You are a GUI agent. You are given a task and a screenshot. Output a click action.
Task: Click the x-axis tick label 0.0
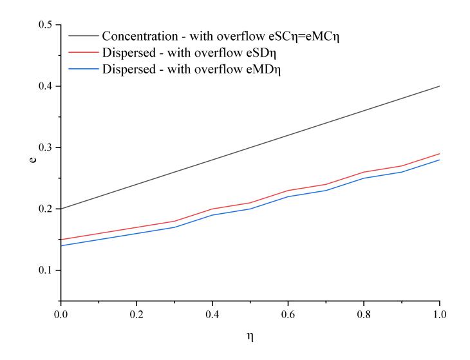point(61,314)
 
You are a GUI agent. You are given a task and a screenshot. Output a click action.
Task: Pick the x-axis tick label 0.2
point(136,314)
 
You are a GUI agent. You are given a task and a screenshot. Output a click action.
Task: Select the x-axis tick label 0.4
point(212,314)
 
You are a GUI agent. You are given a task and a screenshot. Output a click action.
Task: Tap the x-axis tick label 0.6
point(288,314)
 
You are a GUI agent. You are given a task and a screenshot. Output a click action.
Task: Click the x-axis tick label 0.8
point(364,314)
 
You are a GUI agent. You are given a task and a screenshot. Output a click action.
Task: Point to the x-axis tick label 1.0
point(440,314)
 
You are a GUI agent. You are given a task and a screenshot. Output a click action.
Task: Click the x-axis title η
point(250,337)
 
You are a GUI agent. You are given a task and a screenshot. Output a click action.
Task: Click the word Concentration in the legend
point(140,36)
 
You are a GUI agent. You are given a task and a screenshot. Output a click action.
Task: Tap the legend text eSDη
point(261,53)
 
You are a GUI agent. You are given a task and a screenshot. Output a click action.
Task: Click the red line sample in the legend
point(84,52)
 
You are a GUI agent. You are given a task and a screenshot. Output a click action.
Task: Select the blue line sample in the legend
point(84,69)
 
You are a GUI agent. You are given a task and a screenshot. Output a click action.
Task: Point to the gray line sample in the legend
point(84,35)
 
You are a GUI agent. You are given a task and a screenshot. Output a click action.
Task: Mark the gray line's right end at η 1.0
point(440,86)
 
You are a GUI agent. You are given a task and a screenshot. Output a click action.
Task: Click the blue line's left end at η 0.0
point(61,245)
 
